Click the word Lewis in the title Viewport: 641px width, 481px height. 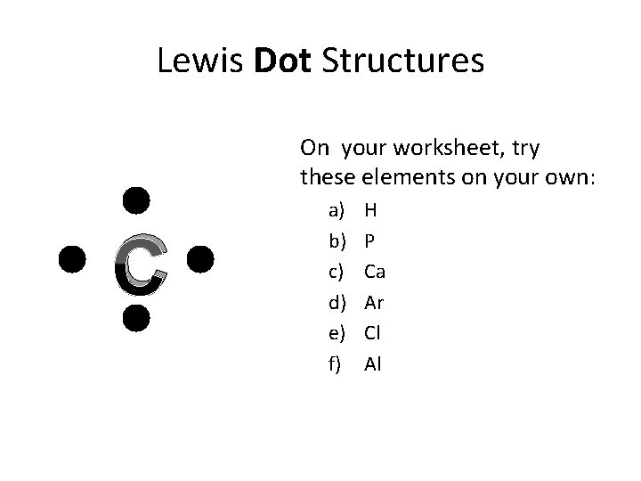pyautogui.click(x=200, y=61)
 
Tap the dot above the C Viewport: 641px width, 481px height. pyautogui.click(x=135, y=200)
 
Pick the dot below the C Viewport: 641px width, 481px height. pyautogui.click(x=135, y=317)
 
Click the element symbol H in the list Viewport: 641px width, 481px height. pyautogui.click(x=370, y=210)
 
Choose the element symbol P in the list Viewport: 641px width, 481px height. pyautogui.click(x=369, y=240)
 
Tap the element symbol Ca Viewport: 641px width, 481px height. pyautogui.click(x=375, y=271)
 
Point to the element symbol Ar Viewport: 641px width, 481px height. pyautogui.click(x=374, y=302)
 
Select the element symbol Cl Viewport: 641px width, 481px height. pyautogui.click(x=373, y=332)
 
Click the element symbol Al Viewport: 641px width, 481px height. pyautogui.click(x=373, y=363)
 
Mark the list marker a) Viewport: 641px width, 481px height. pyautogui.click(x=337, y=211)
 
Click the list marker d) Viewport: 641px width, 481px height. pyautogui.click(x=337, y=302)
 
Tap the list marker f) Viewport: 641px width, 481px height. pyautogui.click(x=336, y=363)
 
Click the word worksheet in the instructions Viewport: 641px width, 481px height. pyautogui.click(x=437, y=146)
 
